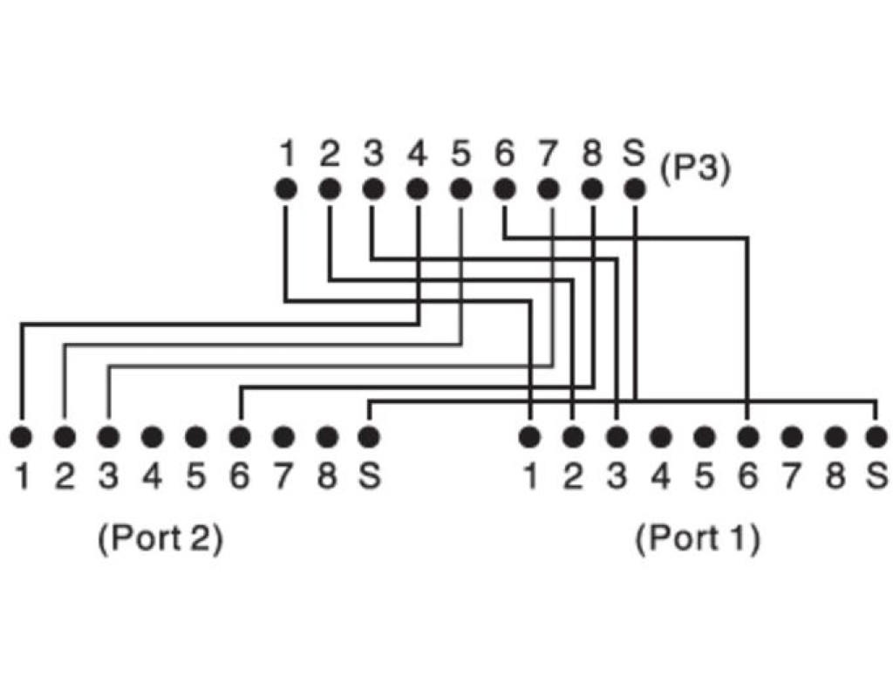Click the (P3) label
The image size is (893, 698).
tap(694, 168)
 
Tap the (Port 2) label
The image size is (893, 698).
tap(160, 538)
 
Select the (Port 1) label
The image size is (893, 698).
tap(698, 538)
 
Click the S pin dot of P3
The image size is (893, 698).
tap(636, 188)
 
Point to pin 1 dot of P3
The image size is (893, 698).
tap(285, 188)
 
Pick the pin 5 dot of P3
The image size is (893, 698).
tap(461, 188)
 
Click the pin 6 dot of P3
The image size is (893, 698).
tap(504, 188)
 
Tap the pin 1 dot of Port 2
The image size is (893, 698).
tap(20, 435)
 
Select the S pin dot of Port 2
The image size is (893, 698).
tap(369, 435)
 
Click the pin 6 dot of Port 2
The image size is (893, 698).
tap(240, 435)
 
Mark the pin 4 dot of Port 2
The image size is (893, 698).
tap(152, 435)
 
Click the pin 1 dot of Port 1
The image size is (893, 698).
tap(528, 435)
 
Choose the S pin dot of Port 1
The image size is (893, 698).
tap(876, 435)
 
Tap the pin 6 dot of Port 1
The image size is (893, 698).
tap(747, 435)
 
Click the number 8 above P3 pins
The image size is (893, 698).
tap(592, 154)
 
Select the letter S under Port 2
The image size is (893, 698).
tap(370, 476)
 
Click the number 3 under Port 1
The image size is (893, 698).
tap(617, 476)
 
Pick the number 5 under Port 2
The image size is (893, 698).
tap(196, 476)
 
